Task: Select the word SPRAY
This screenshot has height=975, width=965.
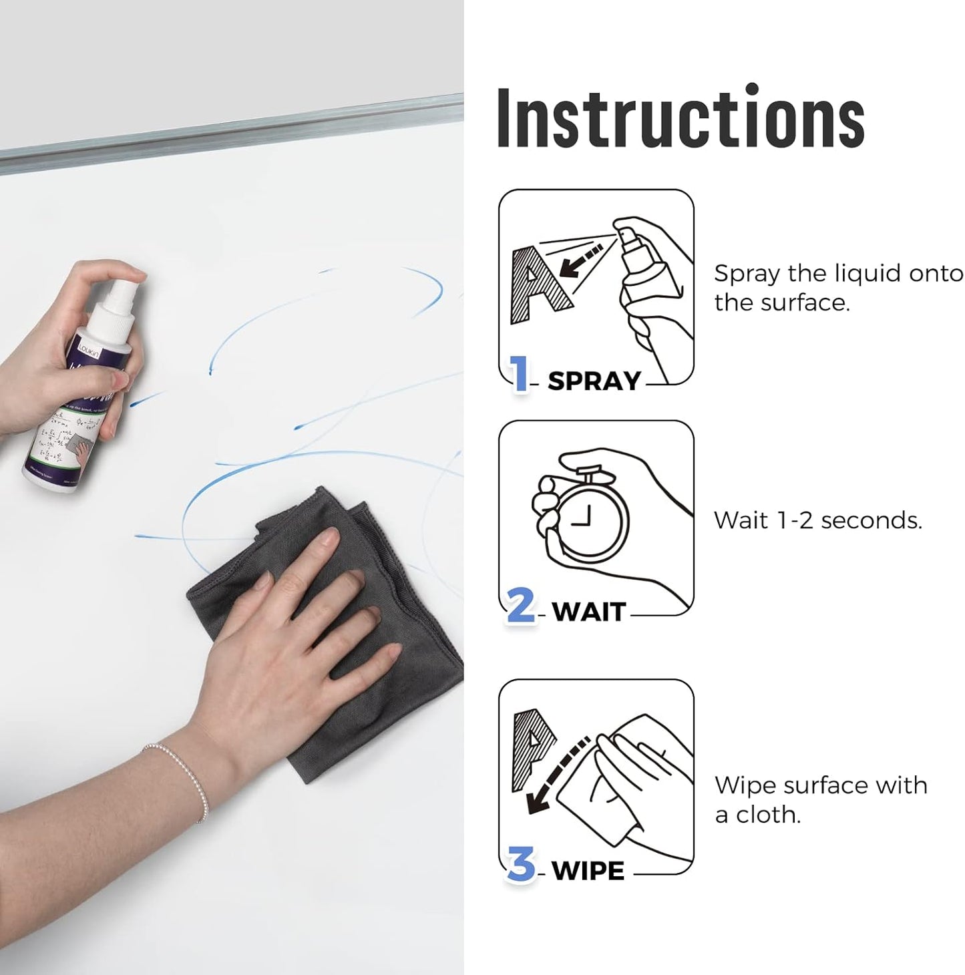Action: coord(594,381)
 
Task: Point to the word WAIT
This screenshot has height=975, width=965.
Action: coord(589,612)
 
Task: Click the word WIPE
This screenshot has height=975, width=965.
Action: coord(588,871)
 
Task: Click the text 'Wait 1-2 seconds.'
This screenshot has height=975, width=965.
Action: coord(817,520)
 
